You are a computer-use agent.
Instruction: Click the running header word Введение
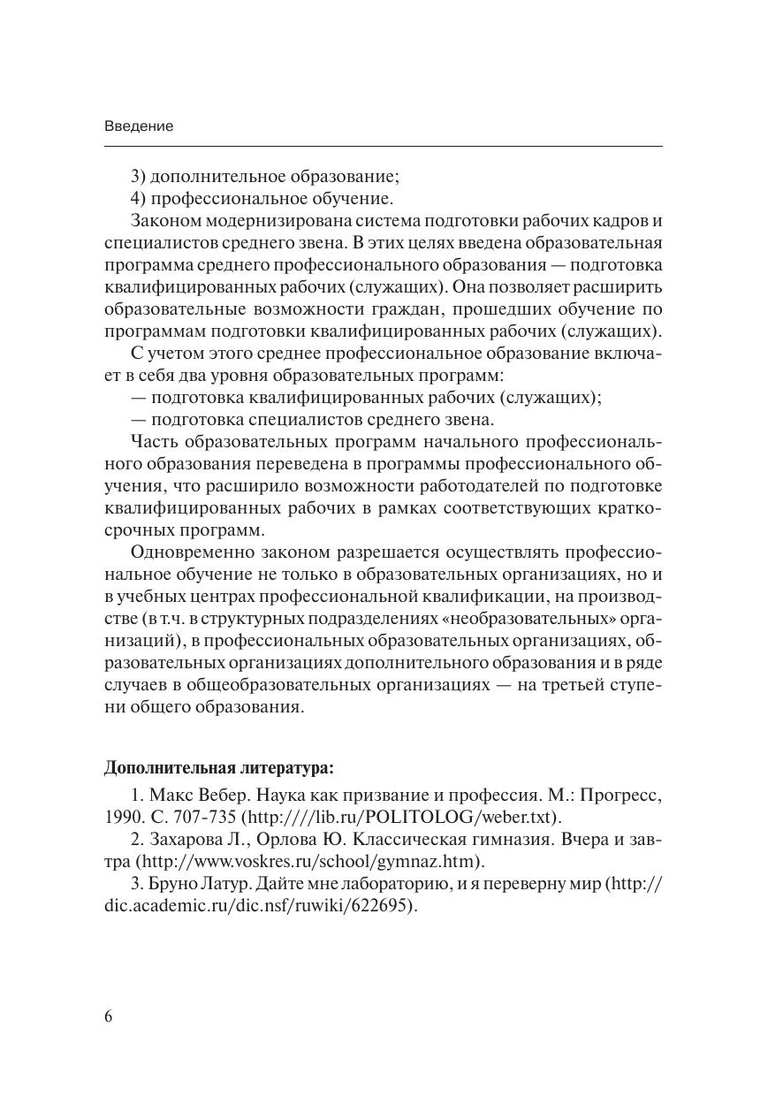coord(139,126)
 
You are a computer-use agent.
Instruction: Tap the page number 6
coord(109,1017)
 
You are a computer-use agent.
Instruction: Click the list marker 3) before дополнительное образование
coord(138,175)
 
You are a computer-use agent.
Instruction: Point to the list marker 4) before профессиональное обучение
coord(138,197)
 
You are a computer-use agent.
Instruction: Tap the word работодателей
coord(501,486)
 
